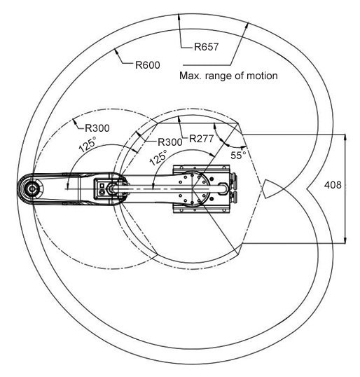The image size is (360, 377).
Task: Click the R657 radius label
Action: point(207,47)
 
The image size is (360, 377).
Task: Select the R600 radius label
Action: point(148,65)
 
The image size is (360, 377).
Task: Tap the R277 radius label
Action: point(202,139)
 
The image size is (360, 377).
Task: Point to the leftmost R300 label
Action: point(97,128)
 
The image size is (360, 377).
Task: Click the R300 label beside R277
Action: point(170,142)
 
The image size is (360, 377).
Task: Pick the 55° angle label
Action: point(238,155)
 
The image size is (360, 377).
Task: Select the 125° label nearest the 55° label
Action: point(158,158)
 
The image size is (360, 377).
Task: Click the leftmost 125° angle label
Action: point(88,144)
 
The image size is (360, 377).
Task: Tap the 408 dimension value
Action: point(333,185)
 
